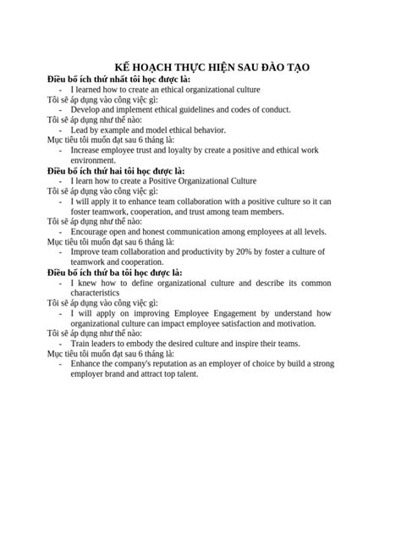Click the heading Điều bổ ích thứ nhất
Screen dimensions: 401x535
click(119, 80)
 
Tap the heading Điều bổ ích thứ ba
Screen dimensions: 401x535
click(115, 273)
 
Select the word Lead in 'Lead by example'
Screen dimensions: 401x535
click(79, 130)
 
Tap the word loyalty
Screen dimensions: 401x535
click(194, 151)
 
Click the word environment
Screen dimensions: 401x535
click(93, 161)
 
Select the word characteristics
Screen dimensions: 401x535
click(101, 293)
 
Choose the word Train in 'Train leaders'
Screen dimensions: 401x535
click(80, 344)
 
